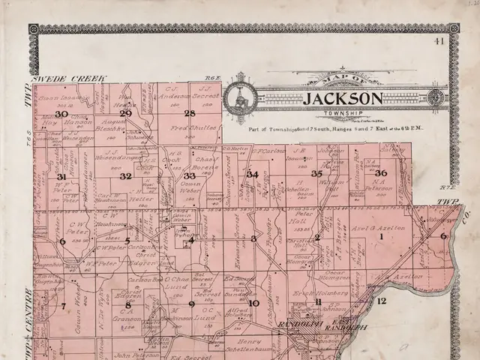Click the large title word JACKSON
click(343, 99)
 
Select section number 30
click(61, 114)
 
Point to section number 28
click(190, 114)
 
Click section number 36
click(380, 173)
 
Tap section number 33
click(190, 175)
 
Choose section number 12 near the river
click(381, 301)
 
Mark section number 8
click(127, 305)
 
